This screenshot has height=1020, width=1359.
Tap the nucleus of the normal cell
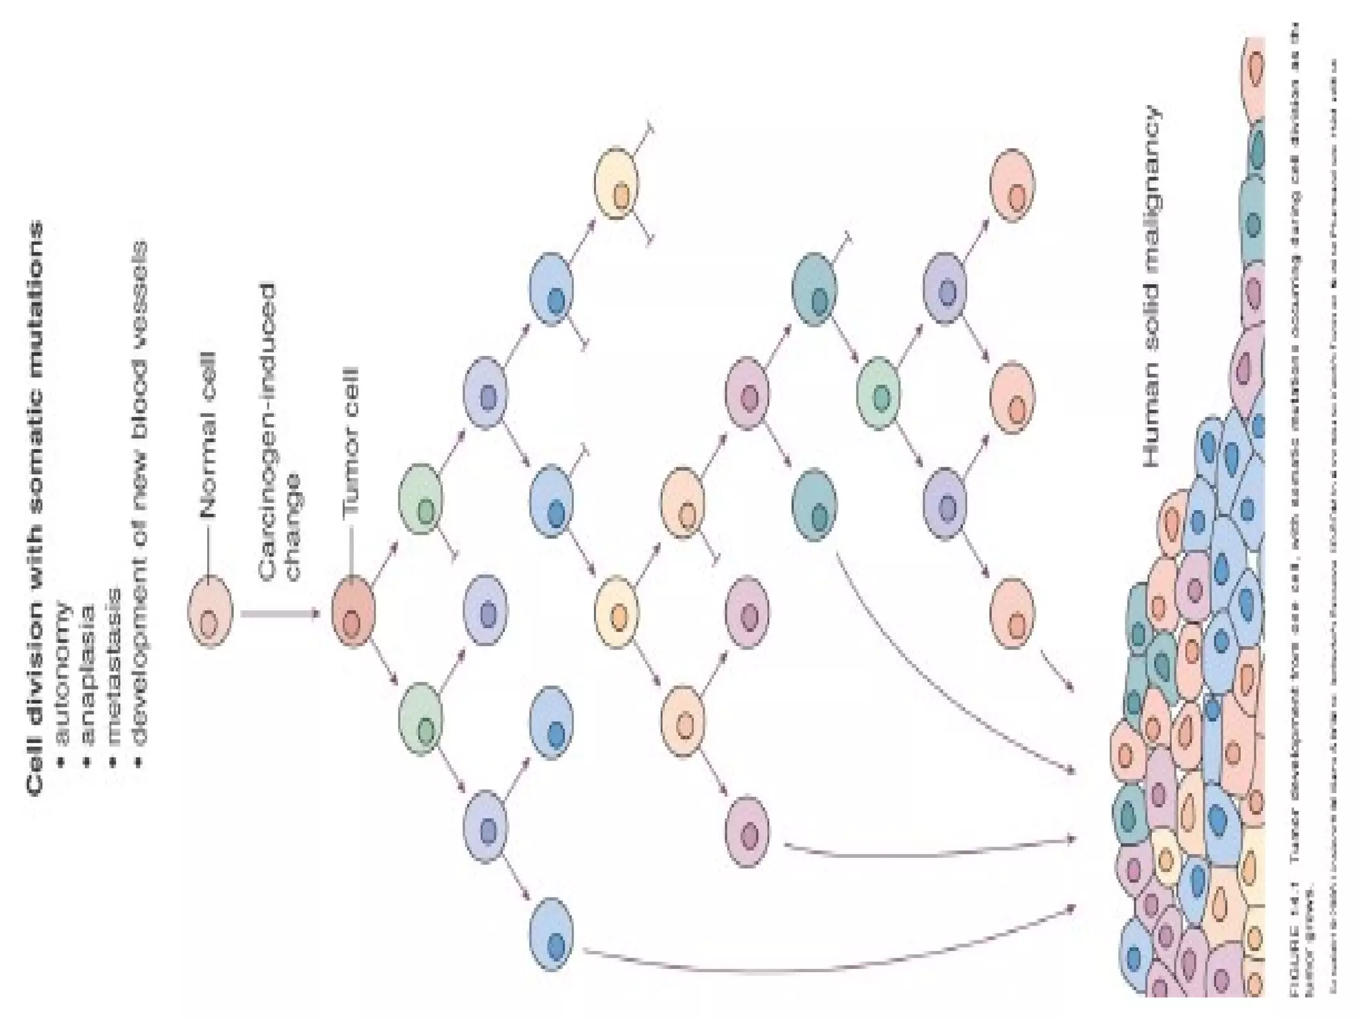[209, 624]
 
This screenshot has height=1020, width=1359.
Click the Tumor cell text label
[351, 442]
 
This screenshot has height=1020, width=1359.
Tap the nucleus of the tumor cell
[352, 624]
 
